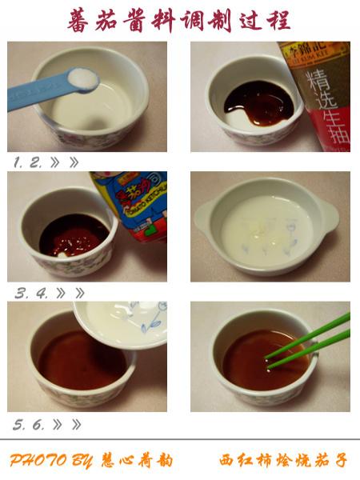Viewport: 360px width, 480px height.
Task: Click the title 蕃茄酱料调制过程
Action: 179,20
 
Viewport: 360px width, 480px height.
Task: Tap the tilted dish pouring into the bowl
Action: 124,320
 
